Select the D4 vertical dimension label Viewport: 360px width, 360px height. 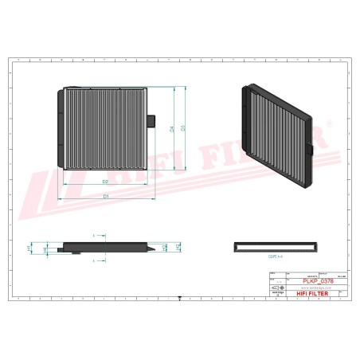pyautogui.click(x=172, y=129)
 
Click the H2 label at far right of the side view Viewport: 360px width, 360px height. pyautogui.click(x=177, y=248)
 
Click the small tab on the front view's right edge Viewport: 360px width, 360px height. pyautogui.click(x=151, y=119)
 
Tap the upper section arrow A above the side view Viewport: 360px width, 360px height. pyautogui.click(x=94, y=237)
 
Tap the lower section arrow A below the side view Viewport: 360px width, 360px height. pyautogui.click(x=94, y=260)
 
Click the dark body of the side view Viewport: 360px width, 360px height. pyautogui.click(x=104, y=247)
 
